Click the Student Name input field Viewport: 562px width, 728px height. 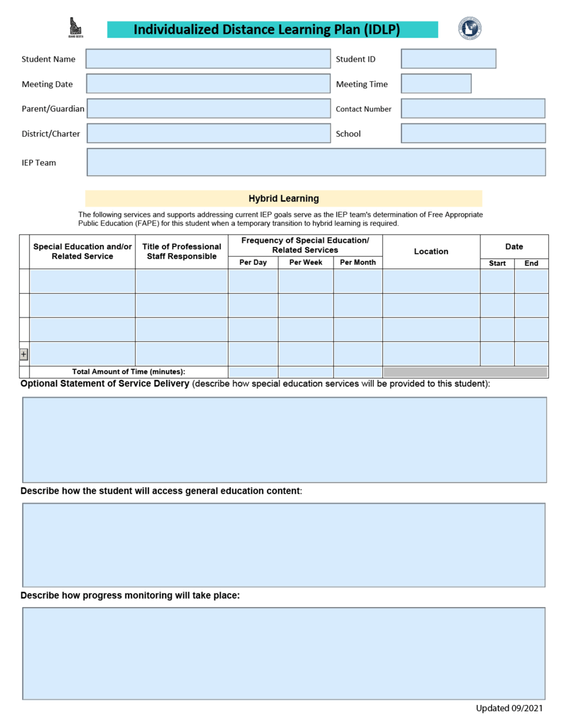coord(208,59)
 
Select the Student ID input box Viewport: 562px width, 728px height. coord(448,59)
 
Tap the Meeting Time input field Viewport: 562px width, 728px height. coord(435,84)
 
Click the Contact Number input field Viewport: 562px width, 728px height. coord(473,108)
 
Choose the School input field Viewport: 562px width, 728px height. coord(473,133)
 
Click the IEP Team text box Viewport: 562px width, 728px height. coord(316,162)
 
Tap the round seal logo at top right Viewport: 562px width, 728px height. coord(469,28)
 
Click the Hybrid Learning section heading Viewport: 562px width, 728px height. coord(283,198)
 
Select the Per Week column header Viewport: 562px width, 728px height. coord(305,262)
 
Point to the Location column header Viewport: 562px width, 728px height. coord(431,251)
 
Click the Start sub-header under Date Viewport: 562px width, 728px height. coord(497,264)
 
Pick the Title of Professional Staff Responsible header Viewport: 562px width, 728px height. coord(182,251)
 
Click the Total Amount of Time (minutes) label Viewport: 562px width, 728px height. coord(128,372)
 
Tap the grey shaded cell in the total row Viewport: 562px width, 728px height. coord(465,372)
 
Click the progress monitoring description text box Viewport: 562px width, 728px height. coord(283,653)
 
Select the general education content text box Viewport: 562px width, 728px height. coord(283,544)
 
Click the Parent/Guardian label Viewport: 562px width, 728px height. coord(53,109)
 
